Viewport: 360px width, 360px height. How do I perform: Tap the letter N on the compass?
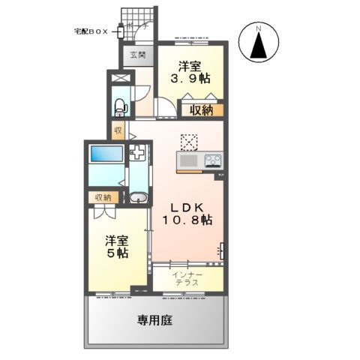click(x=258, y=29)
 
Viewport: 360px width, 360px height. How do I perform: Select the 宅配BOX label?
click(x=91, y=31)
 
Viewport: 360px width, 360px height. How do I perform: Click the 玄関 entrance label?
click(x=137, y=54)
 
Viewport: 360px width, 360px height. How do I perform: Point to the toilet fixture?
click(x=119, y=106)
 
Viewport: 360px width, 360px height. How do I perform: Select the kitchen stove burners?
click(x=211, y=160)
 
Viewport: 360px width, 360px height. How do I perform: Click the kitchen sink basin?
click(x=187, y=160)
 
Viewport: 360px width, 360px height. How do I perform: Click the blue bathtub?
click(x=104, y=154)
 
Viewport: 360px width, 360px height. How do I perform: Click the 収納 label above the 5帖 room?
click(x=103, y=197)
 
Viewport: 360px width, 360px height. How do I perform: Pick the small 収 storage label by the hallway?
click(x=118, y=130)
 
